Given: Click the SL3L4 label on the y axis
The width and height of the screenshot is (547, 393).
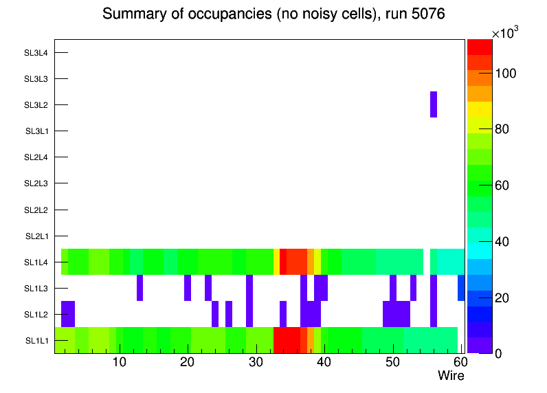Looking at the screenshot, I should click(36, 53).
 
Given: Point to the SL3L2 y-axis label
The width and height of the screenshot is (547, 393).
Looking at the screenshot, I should click(36, 105).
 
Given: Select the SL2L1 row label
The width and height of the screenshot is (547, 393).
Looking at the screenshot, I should click(36, 236).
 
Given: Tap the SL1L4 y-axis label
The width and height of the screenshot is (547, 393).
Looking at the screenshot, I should click(36, 262).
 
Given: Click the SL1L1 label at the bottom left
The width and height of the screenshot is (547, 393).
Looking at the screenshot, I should click(36, 341).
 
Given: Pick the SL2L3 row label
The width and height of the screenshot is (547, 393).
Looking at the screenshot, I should click(36, 183).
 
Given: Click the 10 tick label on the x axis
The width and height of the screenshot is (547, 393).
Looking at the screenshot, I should click(120, 362).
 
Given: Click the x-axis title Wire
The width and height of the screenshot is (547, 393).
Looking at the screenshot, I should click(451, 376).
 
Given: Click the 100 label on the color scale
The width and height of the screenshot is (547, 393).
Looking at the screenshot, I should click(508, 74).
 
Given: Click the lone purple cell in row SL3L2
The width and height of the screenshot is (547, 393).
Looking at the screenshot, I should click(434, 104).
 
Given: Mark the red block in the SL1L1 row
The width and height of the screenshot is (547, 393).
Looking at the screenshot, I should click(287, 340).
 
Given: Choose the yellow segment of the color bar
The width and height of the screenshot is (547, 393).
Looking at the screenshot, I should click(480, 109).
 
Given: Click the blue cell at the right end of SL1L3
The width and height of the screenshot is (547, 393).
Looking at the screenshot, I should click(461, 288).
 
